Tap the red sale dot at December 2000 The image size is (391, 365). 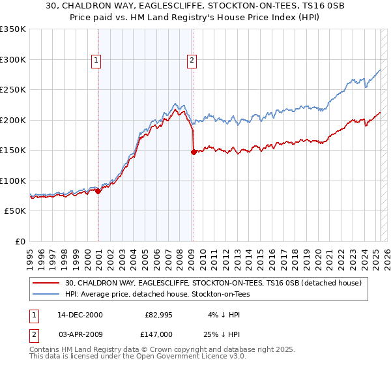coord(98,191)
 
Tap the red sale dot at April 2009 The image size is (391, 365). coord(194,152)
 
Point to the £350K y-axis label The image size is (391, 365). coord(14,29)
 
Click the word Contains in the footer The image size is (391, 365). coord(45,350)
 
